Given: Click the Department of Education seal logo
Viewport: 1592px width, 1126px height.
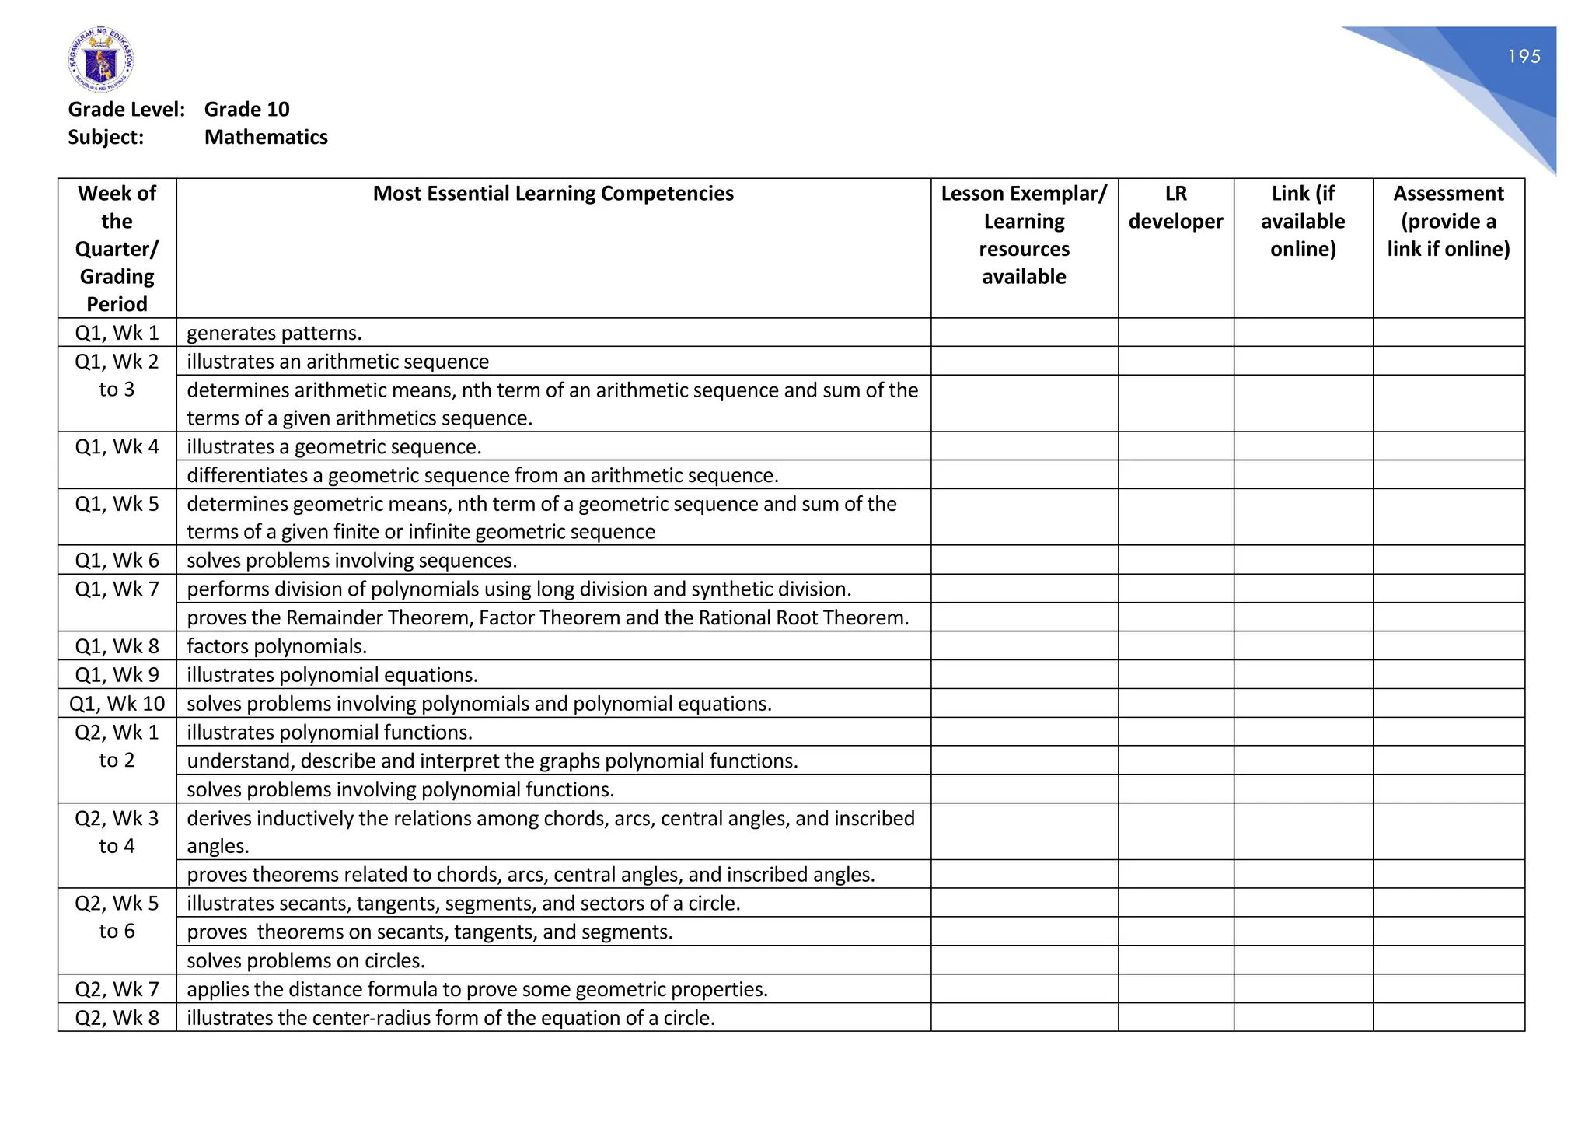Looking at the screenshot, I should (100, 59).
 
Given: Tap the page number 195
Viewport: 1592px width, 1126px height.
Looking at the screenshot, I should (1524, 56).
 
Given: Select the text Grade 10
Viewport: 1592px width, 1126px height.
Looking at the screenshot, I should (246, 109).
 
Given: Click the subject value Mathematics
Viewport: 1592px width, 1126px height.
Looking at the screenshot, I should (266, 137).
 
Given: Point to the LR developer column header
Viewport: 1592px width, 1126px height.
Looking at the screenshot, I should (1175, 207).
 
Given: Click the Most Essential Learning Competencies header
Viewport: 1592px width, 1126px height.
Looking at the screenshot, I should (553, 193).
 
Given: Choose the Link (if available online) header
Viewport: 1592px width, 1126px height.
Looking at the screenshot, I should (1303, 221).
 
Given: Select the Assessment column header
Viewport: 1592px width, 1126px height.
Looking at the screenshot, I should (1448, 221).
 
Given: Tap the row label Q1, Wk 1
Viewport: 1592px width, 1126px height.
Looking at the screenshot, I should (117, 333).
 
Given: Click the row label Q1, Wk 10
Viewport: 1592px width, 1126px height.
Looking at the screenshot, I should (117, 704).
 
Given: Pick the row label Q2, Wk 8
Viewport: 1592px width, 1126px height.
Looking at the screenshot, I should (117, 1018).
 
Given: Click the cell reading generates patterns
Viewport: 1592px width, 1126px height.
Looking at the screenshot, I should (274, 333).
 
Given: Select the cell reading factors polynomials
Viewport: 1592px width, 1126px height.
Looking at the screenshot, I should (277, 646).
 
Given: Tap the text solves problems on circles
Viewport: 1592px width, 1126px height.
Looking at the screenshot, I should (305, 960).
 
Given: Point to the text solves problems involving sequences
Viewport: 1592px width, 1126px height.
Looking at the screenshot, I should (351, 561).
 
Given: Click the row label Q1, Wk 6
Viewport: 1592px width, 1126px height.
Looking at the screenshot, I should (117, 561).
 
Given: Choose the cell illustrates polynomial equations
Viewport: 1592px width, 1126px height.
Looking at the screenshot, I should (332, 675).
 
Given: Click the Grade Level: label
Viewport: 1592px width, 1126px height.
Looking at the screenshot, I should (127, 109).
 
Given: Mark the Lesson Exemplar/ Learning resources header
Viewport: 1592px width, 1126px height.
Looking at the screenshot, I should (1024, 235).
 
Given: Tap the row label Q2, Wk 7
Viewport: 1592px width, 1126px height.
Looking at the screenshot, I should (117, 989).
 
